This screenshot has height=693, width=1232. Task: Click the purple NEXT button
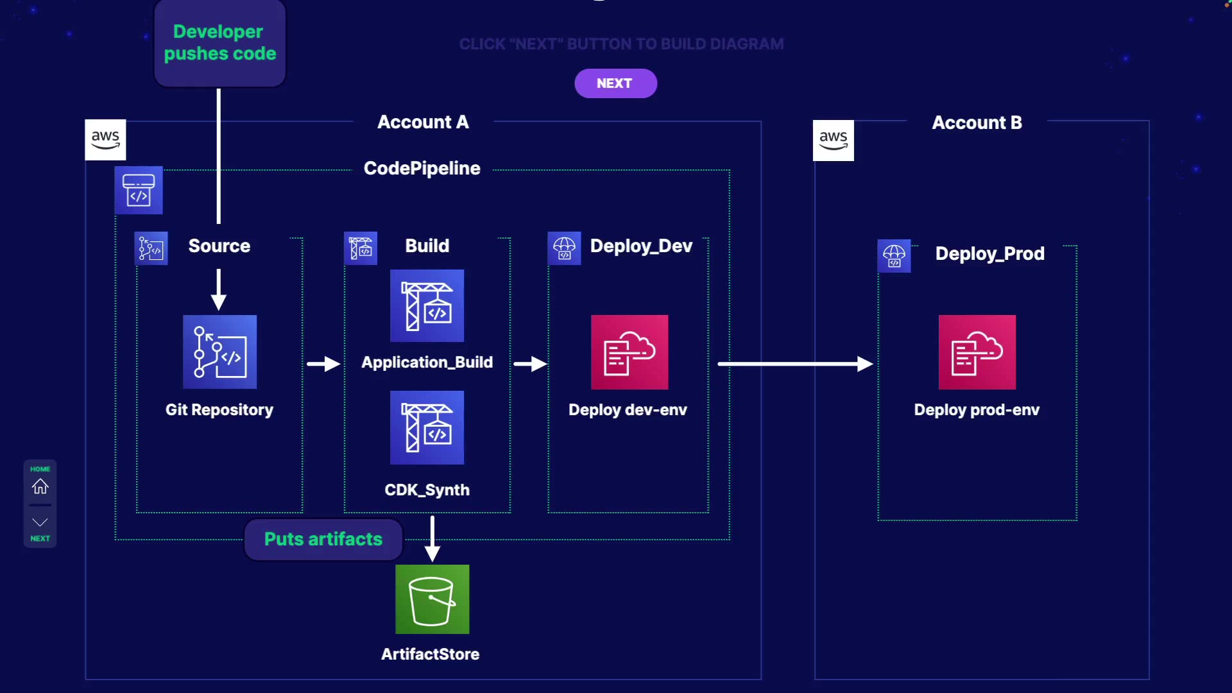point(615,83)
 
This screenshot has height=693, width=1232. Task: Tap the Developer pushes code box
point(219,43)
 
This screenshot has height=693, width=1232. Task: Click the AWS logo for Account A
point(105,140)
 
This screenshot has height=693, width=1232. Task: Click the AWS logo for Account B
point(833,141)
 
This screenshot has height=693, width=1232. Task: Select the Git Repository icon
point(219,352)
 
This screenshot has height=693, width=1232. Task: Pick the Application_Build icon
point(427,305)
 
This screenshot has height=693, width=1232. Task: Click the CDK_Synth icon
point(427,427)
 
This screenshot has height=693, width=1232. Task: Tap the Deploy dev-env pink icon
point(629,352)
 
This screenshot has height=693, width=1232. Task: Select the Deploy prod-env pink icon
point(977,352)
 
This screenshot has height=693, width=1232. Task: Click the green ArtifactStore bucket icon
point(432,599)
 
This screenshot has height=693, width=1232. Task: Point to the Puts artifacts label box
point(323,539)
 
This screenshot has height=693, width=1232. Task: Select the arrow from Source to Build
point(323,364)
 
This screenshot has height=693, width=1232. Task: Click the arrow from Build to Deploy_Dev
point(530,364)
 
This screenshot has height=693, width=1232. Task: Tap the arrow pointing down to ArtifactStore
point(432,539)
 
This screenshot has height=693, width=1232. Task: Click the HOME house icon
point(40,486)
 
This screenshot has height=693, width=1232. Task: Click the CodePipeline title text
point(422,168)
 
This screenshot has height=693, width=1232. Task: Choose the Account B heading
point(977,123)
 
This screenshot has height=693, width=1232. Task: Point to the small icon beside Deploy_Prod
point(894,256)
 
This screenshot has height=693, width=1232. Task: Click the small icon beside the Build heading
point(361,248)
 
